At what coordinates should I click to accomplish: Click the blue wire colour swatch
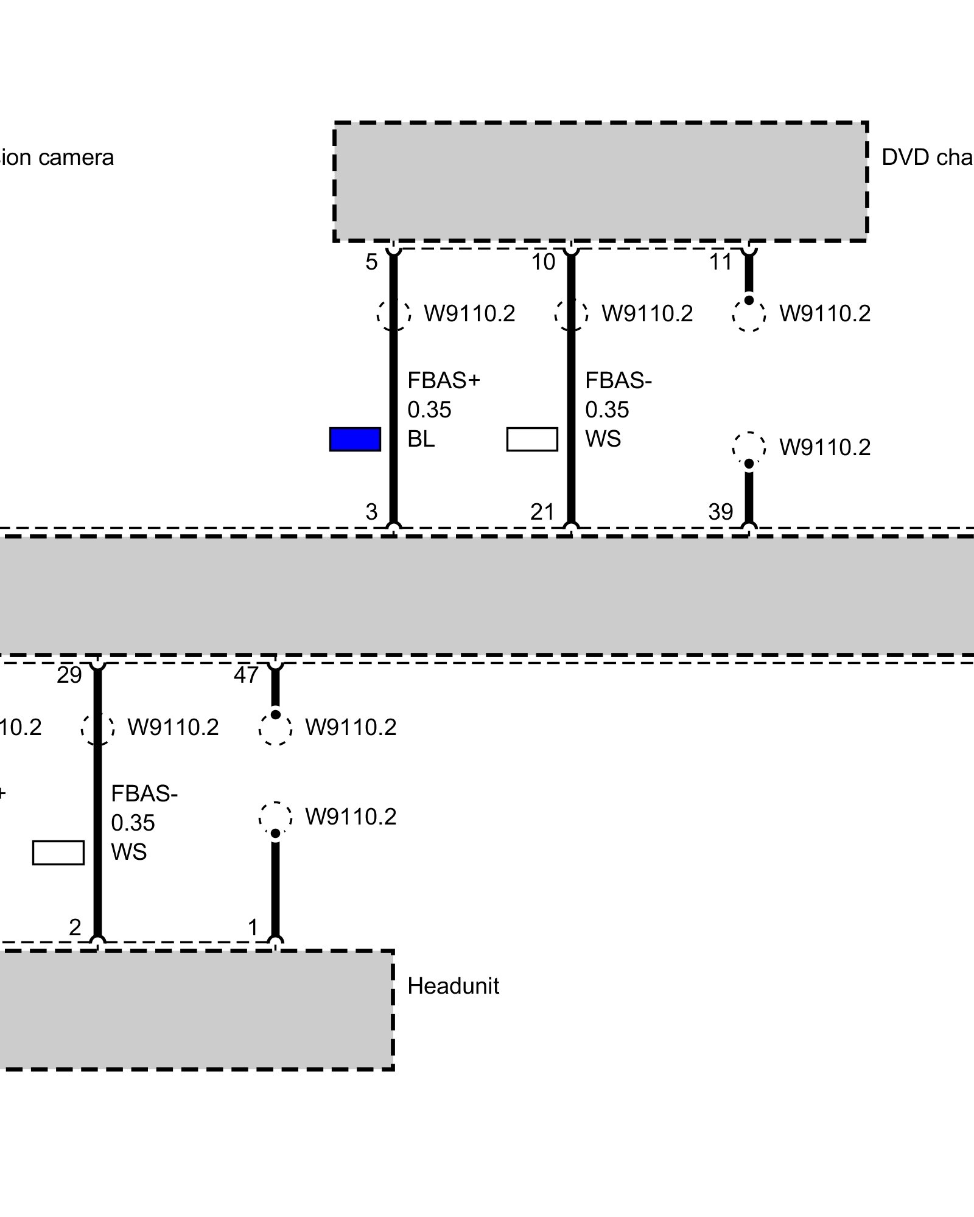[x=355, y=439]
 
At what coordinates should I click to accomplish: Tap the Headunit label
[x=453, y=986]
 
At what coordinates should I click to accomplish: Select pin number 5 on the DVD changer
[x=371, y=262]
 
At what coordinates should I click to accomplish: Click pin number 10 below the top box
[x=543, y=262]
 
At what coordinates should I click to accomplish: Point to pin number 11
[x=721, y=262]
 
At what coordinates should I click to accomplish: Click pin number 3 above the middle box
[x=371, y=512]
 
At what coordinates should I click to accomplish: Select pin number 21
[x=542, y=512]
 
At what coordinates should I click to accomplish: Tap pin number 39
[x=720, y=512]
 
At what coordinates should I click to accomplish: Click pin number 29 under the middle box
[x=69, y=675]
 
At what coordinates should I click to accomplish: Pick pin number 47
[x=246, y=675]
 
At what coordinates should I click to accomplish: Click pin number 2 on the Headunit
[x=74, y=927]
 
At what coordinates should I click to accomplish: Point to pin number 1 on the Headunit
[x=253, y=927]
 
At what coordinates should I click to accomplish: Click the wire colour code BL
[x=421, y=439]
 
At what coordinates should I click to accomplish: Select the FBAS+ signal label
[x=444, y=380]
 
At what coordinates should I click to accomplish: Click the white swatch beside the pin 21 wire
[x=532, y=439]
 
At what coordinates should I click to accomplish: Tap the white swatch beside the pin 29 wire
[x=58, y=853]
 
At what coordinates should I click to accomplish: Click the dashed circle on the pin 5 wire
[x=393, y=315]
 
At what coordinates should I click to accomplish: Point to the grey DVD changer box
[x=600, y=181]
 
